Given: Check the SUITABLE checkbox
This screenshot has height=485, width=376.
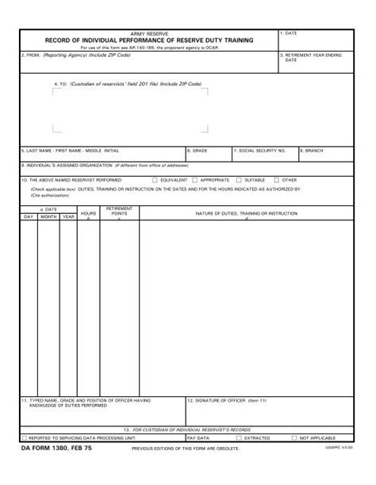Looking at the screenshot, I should point(240,180).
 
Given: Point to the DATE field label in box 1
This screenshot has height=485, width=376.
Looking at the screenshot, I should point(290,33).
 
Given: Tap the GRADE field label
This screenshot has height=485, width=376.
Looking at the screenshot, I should point(198,150).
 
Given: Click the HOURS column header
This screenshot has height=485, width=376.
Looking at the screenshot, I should point(88,214).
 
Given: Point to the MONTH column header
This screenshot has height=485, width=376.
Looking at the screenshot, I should point(49,216).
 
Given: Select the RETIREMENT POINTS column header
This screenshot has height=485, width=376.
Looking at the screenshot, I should point(119,212).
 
